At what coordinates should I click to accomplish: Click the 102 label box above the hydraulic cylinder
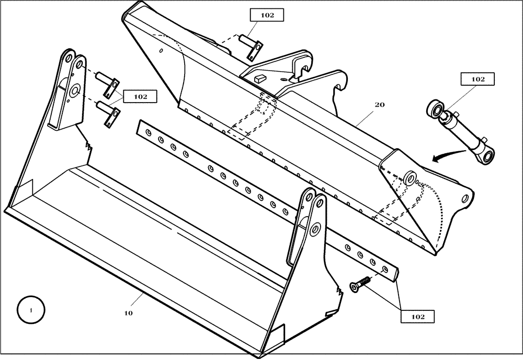tap(477, 80)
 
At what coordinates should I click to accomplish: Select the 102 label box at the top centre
tap(267, 15)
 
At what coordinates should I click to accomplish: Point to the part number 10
tap(128, 313)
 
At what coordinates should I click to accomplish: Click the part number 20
tap(380, 105)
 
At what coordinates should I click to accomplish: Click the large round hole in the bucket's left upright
tap(73, 91)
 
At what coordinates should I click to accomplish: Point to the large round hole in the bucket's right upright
tap(315, 230)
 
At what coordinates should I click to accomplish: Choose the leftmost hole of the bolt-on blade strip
tap(149, 134)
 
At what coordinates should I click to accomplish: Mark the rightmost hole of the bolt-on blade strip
tap(386, 269)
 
